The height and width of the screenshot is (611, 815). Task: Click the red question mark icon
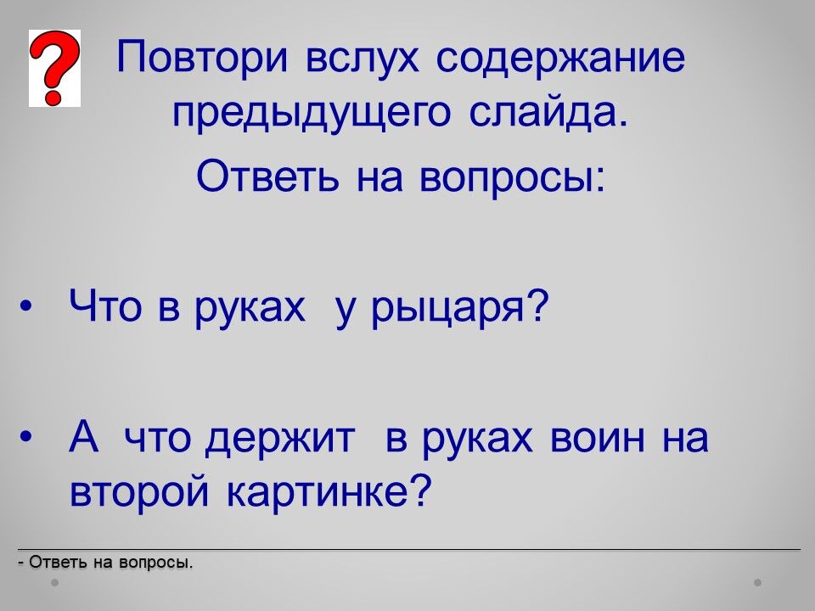pyautogui.click(x=54, y=68)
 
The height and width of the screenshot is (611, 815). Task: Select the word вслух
pyautogui.click(x=362, y=56)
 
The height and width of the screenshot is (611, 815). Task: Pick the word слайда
pyautogui.click(x=548, y=112)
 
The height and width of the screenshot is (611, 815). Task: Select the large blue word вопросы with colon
pyautogui.click(x=512, y=177)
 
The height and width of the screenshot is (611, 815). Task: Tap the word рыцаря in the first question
pyautogui.click(x=460, y=309)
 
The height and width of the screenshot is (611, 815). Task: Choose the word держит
pyautogui.click(x=280, y=440)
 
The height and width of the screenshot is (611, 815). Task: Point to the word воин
pyautogui.click(x=597, y=438)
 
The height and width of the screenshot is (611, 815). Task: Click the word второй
pyautogui.click(x=139, y=492)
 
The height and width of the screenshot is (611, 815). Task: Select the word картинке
pyautogui.click(x=329, y=492)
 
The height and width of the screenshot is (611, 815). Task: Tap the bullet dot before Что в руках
pyautogui.click(x=25, y=306)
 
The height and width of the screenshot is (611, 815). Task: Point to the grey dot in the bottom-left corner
pyautogui.click(x=54, y=582)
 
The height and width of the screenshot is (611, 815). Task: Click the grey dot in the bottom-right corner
pyautogui.click(x=758, y=582)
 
